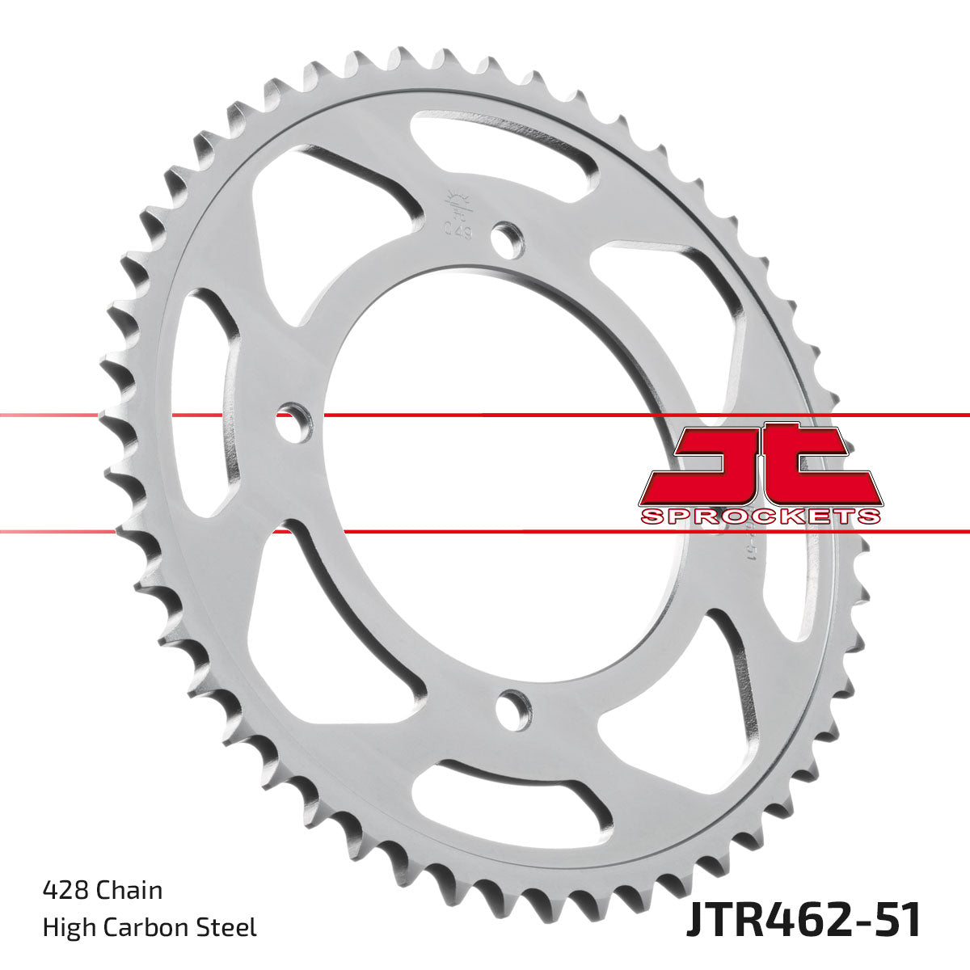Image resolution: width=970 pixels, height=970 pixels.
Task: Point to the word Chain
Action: pos(129,890)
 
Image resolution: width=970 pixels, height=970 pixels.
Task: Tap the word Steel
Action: pos(229,926)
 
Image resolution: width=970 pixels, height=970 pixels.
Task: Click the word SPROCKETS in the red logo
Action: pos(760,517)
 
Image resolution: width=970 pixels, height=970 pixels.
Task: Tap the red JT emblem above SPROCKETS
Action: pos(760,465)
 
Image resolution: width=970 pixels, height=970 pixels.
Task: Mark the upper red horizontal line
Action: pos(485,415)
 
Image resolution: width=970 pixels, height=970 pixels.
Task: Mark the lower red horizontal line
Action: pos(485,532)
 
